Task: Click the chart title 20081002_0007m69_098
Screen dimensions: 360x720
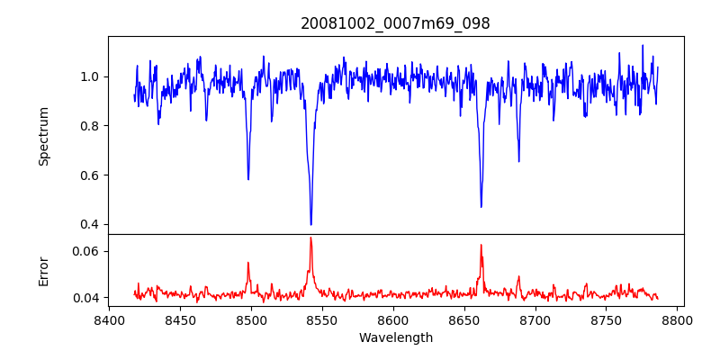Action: coord(395,23)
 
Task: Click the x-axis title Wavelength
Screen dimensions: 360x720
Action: coord(395,338)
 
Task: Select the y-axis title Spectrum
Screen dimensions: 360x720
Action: coord(43,136)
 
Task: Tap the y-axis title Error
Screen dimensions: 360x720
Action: coord(43,270)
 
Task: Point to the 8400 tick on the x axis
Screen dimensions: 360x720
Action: coord(109,319)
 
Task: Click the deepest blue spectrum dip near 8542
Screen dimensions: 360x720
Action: coord(310,224)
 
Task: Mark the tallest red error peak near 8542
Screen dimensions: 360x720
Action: coord(310,238)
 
